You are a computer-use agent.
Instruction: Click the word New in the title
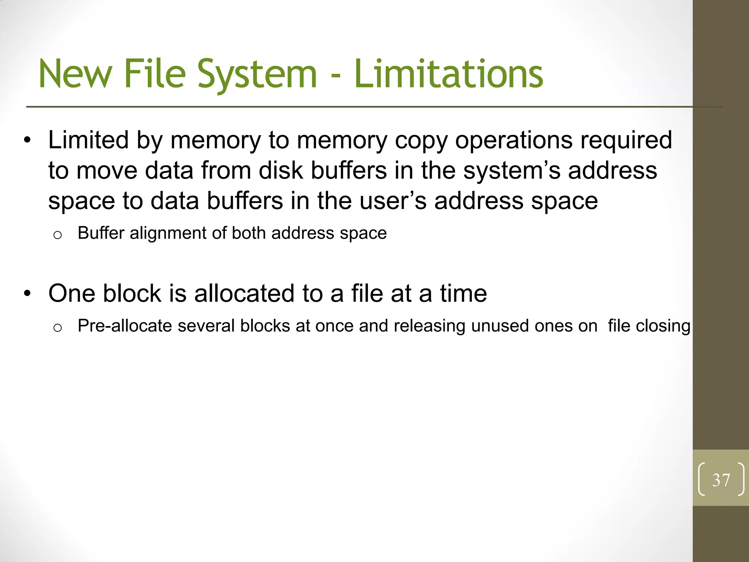(x=75, y=74)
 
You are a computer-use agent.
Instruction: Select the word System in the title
(x=257, y=74)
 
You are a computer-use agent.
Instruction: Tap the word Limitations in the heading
(x=449, y=74)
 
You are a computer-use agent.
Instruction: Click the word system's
(x=512, y=171)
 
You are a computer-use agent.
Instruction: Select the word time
(x=463, y=293)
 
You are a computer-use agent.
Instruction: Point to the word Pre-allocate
(x=125, y=326)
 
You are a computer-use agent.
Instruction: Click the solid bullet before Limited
(x=27, y=141)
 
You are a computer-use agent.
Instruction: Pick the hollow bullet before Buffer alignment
(x=57, y=235)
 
